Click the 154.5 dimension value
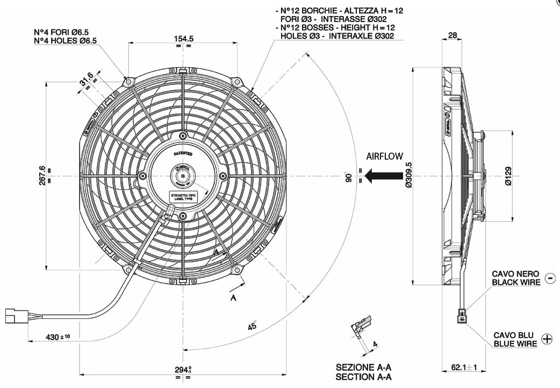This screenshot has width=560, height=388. (x=184, y=39)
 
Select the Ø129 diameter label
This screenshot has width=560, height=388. (x=508, y=175)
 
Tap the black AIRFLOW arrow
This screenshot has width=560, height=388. (x=383, y=175)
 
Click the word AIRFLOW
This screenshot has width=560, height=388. (x=384, y=156)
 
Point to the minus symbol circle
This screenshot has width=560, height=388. (x=550, y=278)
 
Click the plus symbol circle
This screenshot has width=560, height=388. (x=547, y=339)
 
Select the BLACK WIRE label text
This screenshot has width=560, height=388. (x=515, y=282)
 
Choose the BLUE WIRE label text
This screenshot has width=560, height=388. (x=515, y=343)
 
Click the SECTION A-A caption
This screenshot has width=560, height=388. (x=363, y=377)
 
